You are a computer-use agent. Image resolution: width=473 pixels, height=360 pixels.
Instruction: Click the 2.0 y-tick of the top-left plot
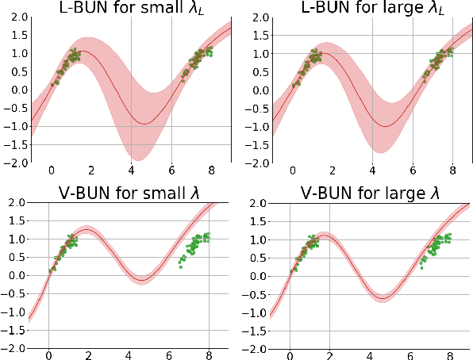click(x=16, y=17)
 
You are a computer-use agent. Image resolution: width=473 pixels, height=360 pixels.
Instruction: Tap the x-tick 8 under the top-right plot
click(x=452, y=170)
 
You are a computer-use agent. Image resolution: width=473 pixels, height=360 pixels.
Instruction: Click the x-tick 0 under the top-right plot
click(x=293, y=170)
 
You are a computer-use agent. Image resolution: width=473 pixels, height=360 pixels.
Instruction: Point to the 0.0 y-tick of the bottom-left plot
click(x=16, y=275)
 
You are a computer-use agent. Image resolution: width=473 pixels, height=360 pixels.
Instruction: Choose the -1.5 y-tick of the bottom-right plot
click(x=256, y=330)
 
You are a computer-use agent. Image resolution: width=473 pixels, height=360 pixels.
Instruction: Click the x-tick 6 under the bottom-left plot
click(x=169, y=356)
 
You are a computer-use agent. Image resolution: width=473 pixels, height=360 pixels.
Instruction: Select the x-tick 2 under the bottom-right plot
click(x=329, y=356)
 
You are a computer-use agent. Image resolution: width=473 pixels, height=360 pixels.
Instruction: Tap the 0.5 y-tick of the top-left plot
click(x=16, y=71)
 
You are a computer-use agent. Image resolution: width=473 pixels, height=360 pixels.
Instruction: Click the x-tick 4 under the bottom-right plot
click(x=370, y=356)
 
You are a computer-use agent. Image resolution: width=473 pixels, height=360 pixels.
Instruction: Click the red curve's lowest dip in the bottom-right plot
click(x=383, y=298)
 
